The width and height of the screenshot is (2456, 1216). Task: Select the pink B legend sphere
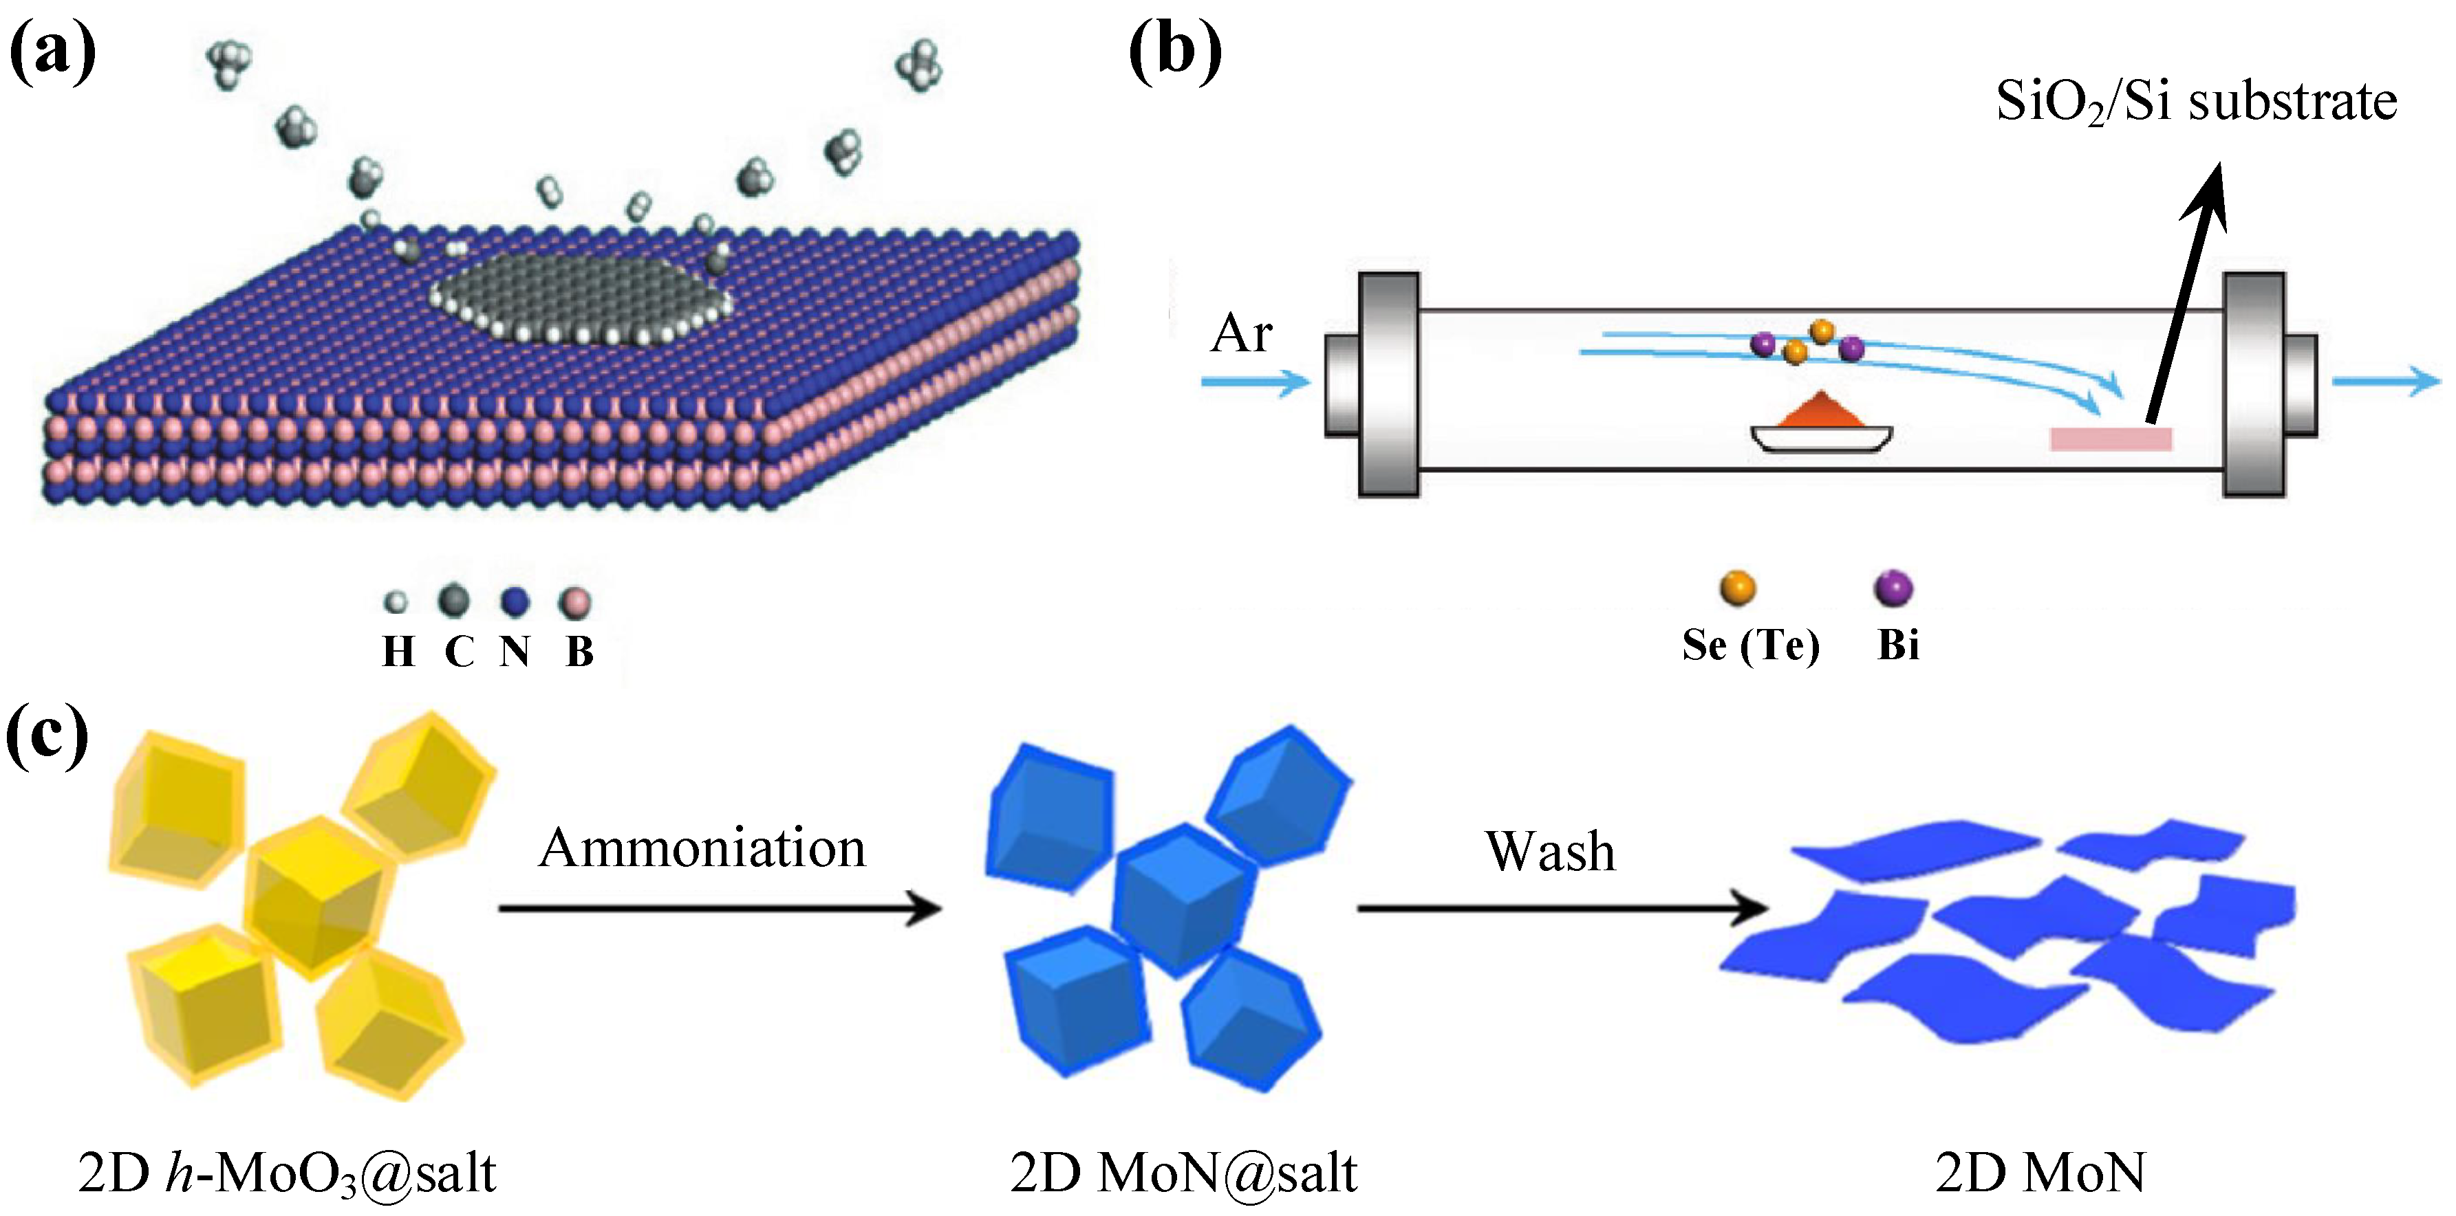coord(575,602)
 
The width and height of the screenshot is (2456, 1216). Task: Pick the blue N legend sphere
coord(514,602)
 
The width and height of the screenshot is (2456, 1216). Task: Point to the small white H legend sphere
coord(395,602)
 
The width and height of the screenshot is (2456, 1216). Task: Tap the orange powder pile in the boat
coord(1821,412)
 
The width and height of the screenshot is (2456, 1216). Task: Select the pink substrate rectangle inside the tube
coord(2111,439)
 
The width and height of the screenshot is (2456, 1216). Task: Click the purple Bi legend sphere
coord(1893,588)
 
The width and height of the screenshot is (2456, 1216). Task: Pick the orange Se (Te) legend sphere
coord(1737,588)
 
